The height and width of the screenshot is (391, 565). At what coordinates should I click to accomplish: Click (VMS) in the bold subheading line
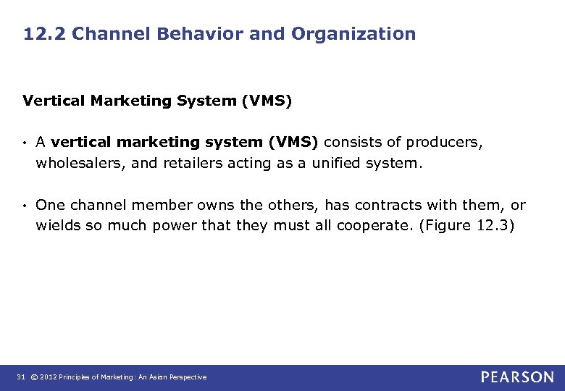(x=267, y=101)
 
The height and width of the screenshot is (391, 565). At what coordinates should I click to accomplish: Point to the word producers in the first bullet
(x=444, y=143)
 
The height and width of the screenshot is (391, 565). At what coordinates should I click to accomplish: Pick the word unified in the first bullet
(x=336, y=163)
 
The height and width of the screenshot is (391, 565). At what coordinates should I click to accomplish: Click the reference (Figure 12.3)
(x=466, y=226)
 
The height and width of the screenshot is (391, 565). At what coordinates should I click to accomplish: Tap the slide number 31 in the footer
(x=20, y=377)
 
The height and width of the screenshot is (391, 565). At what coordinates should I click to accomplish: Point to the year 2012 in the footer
(x=49, y=377)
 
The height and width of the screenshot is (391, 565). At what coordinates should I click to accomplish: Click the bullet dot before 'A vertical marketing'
(x=25, y=143)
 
